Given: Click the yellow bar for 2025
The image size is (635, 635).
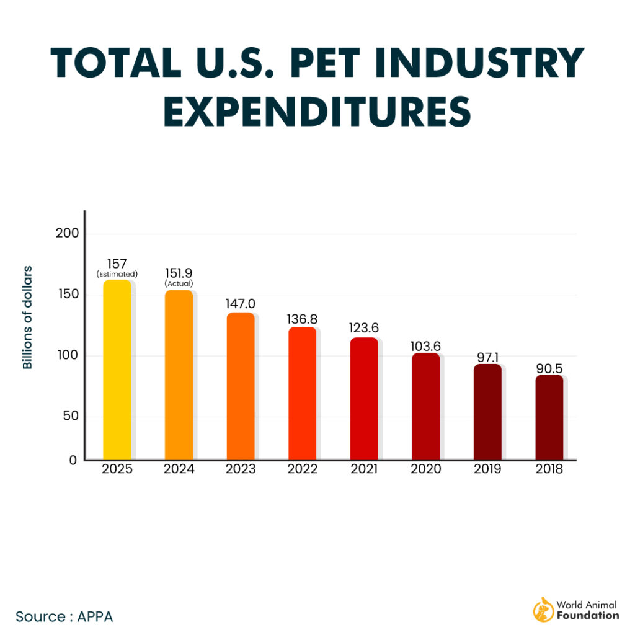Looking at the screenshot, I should click(117, 370).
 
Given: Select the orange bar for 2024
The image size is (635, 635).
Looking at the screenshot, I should click(179, 375).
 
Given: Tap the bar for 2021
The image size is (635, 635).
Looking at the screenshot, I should click(364, 399).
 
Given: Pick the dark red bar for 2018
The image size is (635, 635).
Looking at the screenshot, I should click(549, 417).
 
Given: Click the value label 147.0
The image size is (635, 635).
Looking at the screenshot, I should click(241, 304).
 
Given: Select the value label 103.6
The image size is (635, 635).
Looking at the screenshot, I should click(425, 345).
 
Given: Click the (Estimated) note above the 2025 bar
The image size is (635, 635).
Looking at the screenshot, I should click(117, 273).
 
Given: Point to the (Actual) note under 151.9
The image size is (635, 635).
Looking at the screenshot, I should click(179, 284).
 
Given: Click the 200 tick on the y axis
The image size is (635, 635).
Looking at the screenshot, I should click(68, 233).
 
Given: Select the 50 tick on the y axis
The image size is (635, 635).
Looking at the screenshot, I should click(71, 415).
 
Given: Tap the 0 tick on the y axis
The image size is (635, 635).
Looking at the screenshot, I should click(73, 460).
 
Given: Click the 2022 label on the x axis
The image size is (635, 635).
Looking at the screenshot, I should click(302, 469).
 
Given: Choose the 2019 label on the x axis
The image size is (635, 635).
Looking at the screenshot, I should click(487, 469).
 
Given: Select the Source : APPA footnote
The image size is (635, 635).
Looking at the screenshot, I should click(64, 616).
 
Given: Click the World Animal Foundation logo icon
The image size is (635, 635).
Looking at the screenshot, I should click(543, 610).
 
